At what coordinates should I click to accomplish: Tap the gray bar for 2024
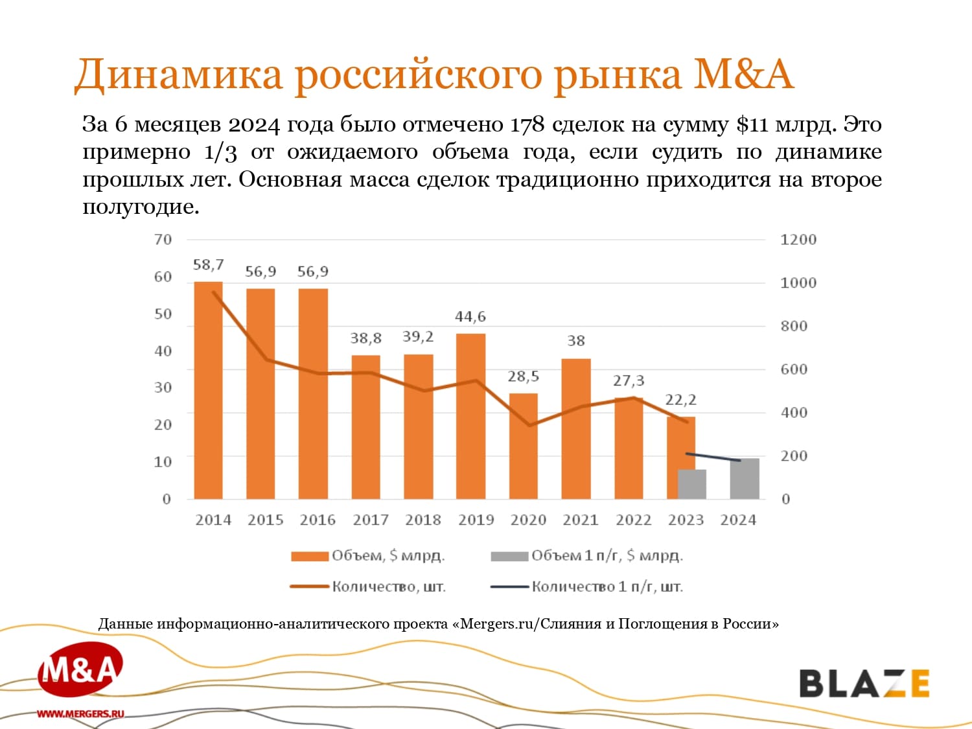[x=744, y=479]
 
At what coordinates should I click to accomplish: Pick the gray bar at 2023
[x=692, y=484]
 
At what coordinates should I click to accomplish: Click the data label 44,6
[x=470, y=317]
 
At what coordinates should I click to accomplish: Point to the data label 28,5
[x=523, y=376]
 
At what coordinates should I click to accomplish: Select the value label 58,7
[x=208, y=265]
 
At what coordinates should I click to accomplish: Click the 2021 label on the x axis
[x=580, y=520]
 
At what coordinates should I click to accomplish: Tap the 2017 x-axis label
[x=370, y=520]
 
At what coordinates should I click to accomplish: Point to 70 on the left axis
[x=163, y=240]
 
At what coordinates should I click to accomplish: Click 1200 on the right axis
[x=798, y=240]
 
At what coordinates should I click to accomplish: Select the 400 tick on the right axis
[x=793, y=413]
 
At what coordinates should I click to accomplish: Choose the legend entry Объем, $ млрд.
[x=368, y=556]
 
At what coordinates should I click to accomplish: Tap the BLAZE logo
[x=864, y=684]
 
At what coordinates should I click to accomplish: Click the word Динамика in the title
[x=179, y=74]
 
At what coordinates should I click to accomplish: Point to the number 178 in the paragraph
[x=527, y=124]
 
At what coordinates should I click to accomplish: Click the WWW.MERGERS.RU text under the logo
[x=80, y=713]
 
